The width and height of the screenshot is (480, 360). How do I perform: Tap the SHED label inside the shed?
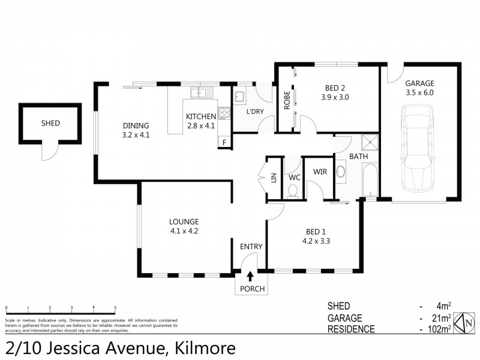[50, 124]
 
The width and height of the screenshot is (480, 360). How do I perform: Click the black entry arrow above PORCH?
[250, 276]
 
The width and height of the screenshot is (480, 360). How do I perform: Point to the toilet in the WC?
[293, 191]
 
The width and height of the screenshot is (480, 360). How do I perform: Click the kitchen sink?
[199, 93]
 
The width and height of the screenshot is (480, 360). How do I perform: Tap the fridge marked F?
[224, 143]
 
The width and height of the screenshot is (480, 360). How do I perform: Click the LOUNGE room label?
[184, 221]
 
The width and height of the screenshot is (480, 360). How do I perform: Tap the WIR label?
[319, 171]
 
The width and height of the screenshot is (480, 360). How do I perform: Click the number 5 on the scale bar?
[115, 308]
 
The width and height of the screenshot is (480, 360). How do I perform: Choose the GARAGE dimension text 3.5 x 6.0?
[419, 92]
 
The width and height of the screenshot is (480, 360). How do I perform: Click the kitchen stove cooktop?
[224, 112]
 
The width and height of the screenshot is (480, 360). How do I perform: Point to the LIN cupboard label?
[273, 177]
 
